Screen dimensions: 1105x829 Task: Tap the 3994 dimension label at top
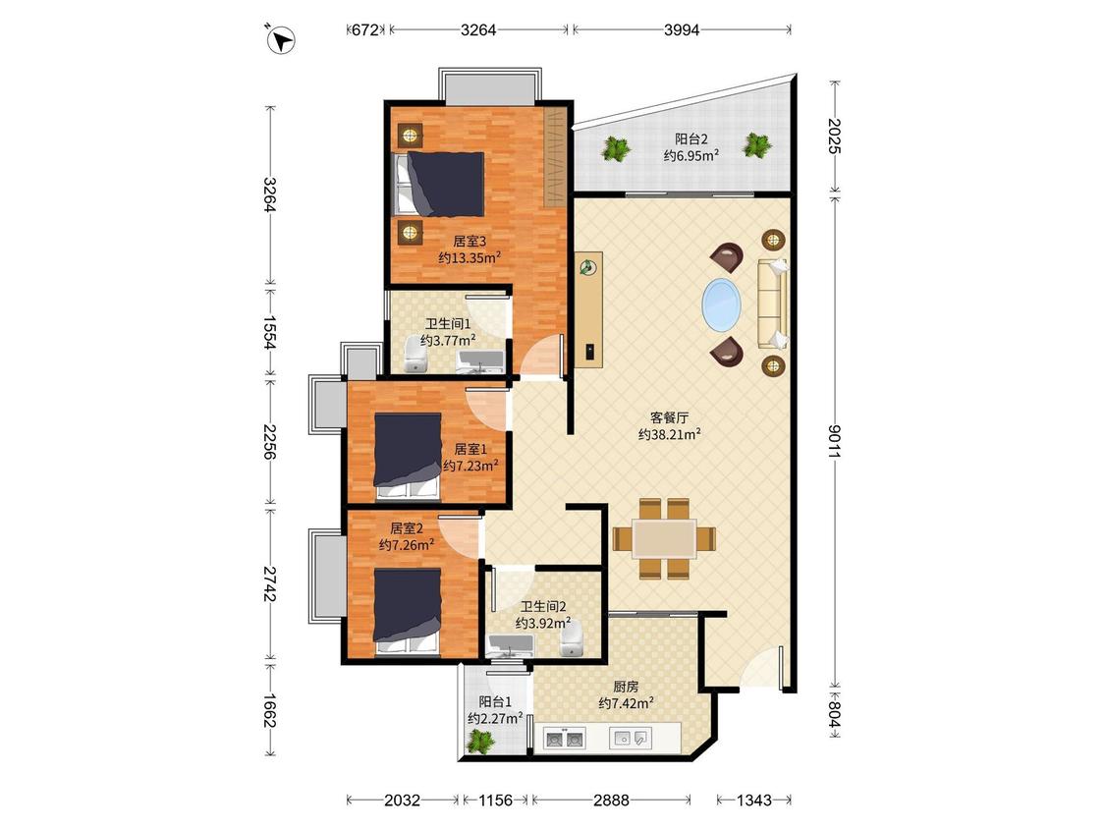point(682,29)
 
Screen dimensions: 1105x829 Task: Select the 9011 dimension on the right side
point(834,442)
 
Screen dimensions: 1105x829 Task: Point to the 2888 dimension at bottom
point(611,801)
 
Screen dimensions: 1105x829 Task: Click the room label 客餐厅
point(669,418)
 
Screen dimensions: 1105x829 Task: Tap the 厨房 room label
point(626,686)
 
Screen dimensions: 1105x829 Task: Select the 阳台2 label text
point(691,138)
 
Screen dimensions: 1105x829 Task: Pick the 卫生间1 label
point(448,323)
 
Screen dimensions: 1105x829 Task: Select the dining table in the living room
point(664,538)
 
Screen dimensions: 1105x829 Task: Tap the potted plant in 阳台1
point(481,742)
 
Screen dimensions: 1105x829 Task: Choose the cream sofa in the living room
point(772,304)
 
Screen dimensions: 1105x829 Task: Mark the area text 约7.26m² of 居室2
point(407,545)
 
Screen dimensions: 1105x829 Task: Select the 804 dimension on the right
point(834,713)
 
